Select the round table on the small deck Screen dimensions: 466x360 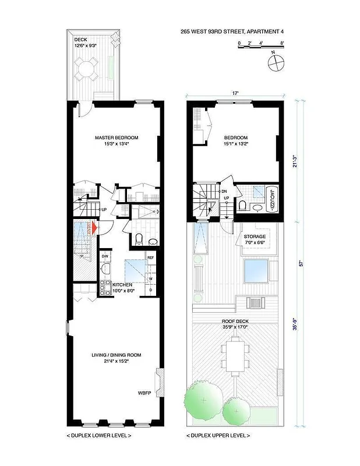pyautogui.click(x=87, y=71)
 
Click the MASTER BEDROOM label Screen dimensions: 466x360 pyautogui.click(x=117, y=138)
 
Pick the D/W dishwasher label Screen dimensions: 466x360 pyautogui.click(x=105, y=256)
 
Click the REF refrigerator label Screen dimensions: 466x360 pyautogui.click(x=150, y=257)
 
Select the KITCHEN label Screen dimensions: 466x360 pyautogui.click(x=117, y=284)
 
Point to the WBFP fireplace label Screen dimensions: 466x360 pyautogui.click(x=144, y=393)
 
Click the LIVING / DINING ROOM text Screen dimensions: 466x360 pyautogui.click(x=117, y=355)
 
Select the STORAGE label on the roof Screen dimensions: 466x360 pyautogui.click(x=255, y=236)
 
